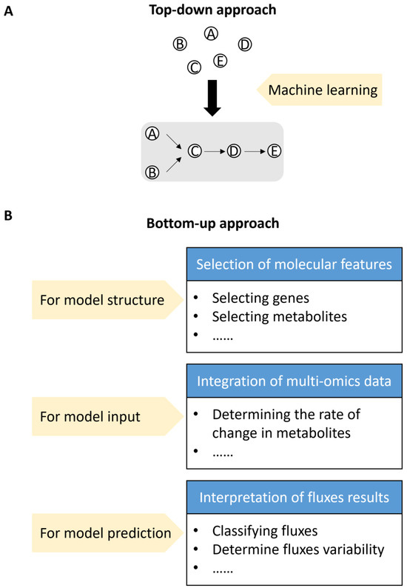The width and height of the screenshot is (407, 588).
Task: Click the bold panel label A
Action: [8, 11]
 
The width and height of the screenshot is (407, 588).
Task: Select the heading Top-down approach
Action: [212, 11]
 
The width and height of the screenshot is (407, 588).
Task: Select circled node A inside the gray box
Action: [152, 133]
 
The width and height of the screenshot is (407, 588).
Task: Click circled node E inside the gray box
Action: [274, 151]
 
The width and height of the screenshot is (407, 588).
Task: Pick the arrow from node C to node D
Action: [214, 151]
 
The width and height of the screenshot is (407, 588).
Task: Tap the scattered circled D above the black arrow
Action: [245, 44]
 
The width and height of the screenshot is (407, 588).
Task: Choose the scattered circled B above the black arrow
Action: [178, 44]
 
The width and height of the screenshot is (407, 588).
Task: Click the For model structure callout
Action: [107, 301]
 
